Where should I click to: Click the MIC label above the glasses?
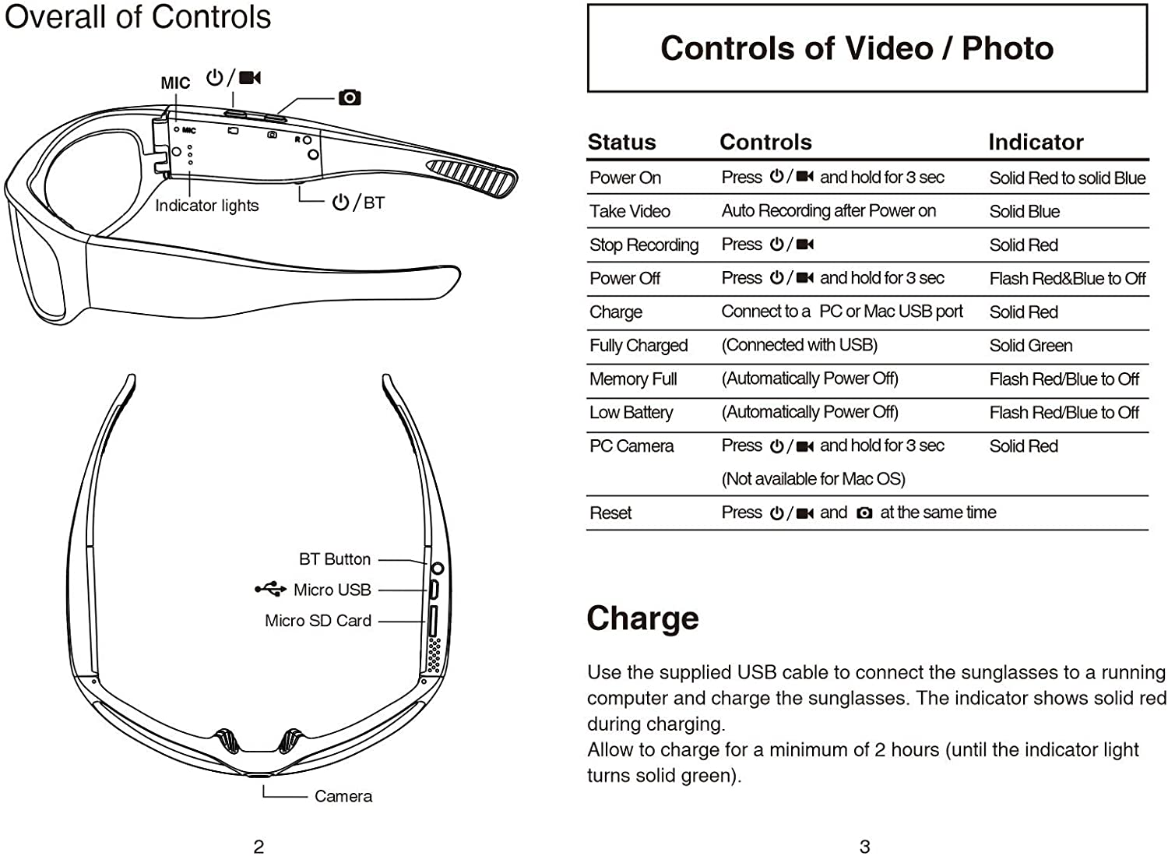click(x=175, y=83)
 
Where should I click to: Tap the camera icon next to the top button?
click(x=350, y=97)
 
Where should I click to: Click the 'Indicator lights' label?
click(x=206, y=206)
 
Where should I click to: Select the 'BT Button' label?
click(x=335, y=559)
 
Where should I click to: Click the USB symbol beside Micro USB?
click(x=270, y=589)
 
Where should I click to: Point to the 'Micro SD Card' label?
click(x=318, y=621)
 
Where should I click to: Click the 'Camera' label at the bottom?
click(x=343, y=796)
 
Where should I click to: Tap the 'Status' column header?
click(x=621, y=142)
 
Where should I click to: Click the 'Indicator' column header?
click(x=1036, y=142)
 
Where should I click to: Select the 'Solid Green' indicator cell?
click(x=1030, y=345)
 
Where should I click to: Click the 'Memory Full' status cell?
click(x=633, y=379)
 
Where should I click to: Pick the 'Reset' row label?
click(x=610, y=513)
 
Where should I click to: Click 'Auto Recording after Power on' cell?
click(x=829, y=211)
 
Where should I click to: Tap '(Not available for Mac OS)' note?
click(x=813, y=479)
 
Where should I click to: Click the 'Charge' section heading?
click(x=642, y=618)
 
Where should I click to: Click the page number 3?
click(x=864, y=847)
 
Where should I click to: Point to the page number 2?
click(x=259, y=847)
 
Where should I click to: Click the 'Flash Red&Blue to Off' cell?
click(x=1067, y=279)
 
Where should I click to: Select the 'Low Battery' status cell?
click(x=631, y=413)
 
